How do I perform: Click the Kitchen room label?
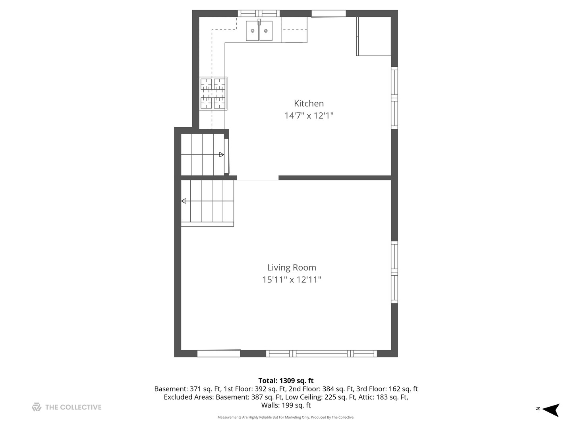(x=309, y=103)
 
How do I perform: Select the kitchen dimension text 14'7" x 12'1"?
(x=309, y=116)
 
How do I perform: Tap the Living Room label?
(x=292, y=267)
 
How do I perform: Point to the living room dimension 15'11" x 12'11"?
(x=292, y=280)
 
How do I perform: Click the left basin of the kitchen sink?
(x=253, y=31)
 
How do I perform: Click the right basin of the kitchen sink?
(x=266, y=31)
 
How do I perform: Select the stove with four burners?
(x=213, y=93)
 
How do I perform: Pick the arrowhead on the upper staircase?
(x=222, y=155)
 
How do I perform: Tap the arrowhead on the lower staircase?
(x=184, y=201)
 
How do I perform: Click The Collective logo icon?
(x=37, y=407)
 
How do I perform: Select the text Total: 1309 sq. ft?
(x=286, y=381)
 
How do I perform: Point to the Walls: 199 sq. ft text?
(x=286, y=406)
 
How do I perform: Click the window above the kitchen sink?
(x=259, y=14)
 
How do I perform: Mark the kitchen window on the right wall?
(x=394, y=98)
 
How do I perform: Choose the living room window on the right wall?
(x=394, y=272)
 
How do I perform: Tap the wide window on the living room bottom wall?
(x=321, y=354)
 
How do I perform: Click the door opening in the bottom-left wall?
(x=219, y=353)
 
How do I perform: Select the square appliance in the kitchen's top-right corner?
(x=374, y=36)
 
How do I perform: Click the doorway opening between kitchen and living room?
(x=258, y=178)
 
